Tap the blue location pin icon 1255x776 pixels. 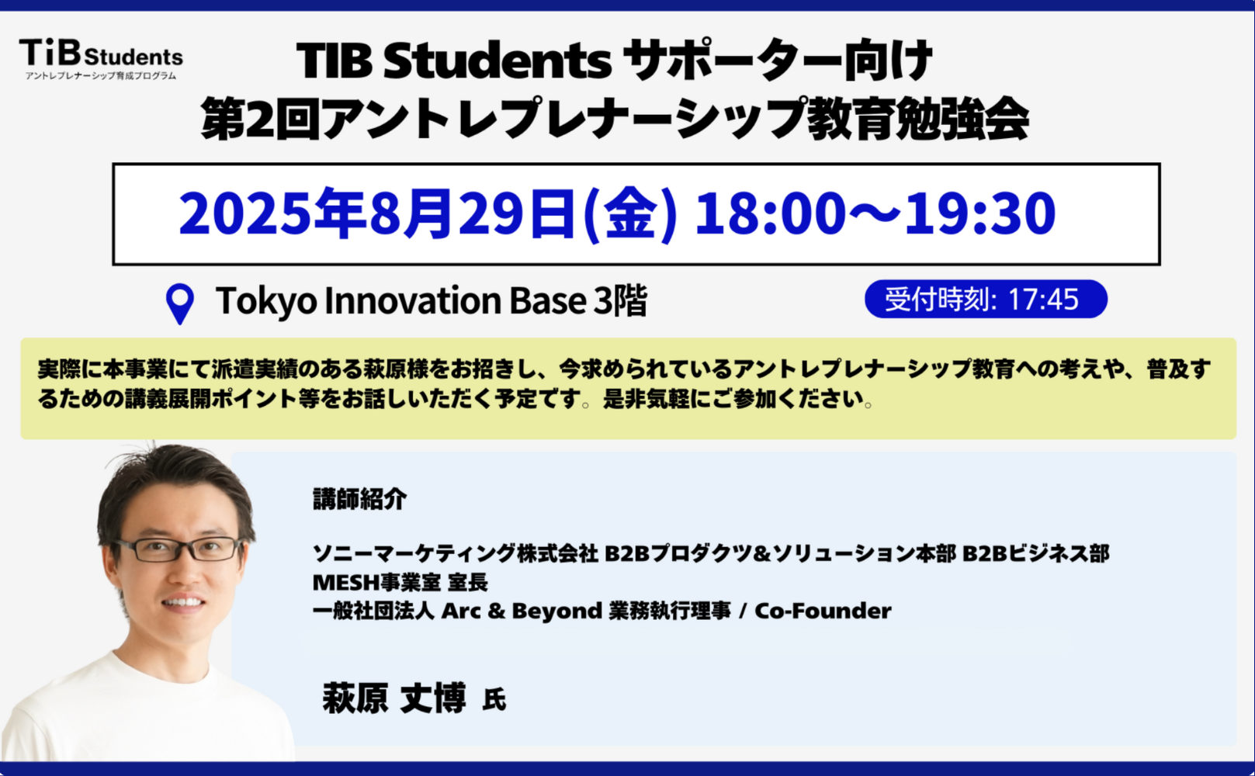coord(180,304)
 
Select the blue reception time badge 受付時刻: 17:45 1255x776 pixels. coord(986,300)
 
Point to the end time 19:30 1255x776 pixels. coord(980,213)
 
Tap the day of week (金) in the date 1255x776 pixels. coord(630,214)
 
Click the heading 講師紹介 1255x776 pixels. coord(359,499)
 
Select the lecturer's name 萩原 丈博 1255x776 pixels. coord(393,698)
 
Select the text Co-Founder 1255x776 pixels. coord(823,611)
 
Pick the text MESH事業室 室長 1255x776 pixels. coord(400,583)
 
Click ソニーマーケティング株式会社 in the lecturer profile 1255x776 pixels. coord(455,553)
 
